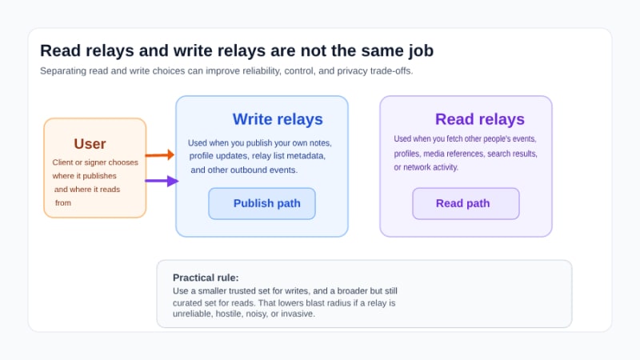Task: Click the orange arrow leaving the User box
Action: pyautogui.click(x=159, y=155)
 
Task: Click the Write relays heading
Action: pyautogui.click(x=278, y=119)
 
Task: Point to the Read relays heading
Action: pyautogui.click(x=479, y=119)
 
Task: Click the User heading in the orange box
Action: pyautogui.click(x=90, y=144)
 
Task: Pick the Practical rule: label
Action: pyautogui.click(x=206, y=278)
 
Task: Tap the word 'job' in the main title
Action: pyautogui.click(x=417, y=50)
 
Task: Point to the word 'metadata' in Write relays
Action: pyautogui.click(x=305, y=156)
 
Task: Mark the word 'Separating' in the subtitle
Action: pyautogui.click(x=65, y=70)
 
